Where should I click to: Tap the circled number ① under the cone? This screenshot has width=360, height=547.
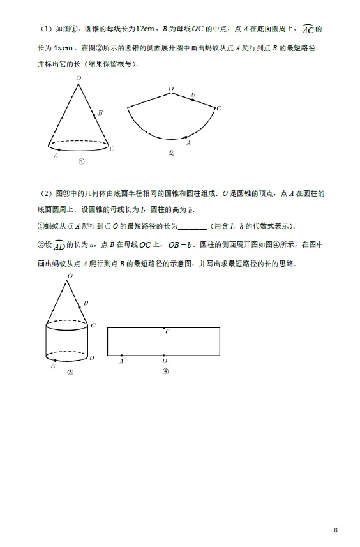(81, 161)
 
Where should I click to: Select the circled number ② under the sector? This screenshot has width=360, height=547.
(171, 153)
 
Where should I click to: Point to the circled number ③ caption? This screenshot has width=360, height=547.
(70, 373)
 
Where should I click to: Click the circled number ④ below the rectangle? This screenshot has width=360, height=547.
(165, 371)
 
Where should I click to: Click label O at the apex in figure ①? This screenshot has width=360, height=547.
(78, 78)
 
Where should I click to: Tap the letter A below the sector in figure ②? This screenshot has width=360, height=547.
(188, 144)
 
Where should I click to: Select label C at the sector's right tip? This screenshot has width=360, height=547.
(219, 108)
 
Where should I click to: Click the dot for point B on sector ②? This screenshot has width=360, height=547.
(193, 98)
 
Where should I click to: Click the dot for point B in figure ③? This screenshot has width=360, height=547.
(80, 308)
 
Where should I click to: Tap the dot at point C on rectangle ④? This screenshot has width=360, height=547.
(165, 327)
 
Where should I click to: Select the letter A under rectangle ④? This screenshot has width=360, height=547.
(121, 362)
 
